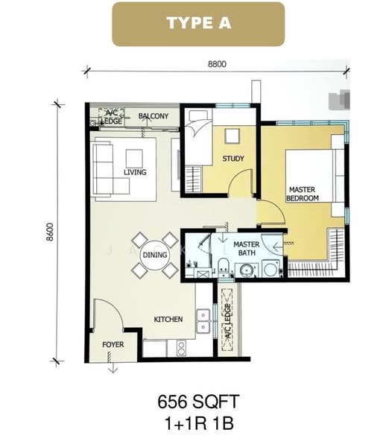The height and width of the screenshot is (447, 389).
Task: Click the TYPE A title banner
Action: pyautogui.click(x=198, y=24)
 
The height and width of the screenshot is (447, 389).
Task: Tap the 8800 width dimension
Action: pyautogui.click(x=217, y=64)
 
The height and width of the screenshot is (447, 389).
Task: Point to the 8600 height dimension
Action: pyautogui.click(x=50, y=232)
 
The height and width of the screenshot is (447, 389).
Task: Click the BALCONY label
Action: pyautogui.click(x=154, y=116)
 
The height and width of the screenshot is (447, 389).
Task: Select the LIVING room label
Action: pyautogui.click(x=135, y=172)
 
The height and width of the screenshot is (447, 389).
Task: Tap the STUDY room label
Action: pyautogui.click(x=233, y=159)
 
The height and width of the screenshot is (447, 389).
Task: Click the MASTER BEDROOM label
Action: pyautogui.click(x=303, y=194)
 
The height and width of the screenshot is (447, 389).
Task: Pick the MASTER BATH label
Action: pyautogui.click(x=247, y=249)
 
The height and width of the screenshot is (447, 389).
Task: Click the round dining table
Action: pyautogui.click(x=155, y=255)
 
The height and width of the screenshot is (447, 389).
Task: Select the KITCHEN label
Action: pyautogui.click(x=168, y=320)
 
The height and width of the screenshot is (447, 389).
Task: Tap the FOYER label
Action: pyautogui.click(x=113, y=345)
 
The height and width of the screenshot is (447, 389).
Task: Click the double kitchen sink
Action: pyautogui.click(x=203, y=321)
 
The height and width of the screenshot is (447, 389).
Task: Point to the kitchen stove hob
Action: pyautogui.click(x=180, y=348)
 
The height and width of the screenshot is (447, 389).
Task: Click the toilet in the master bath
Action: pyautogui.click(x=224, y=266)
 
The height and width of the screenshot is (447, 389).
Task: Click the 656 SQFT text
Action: pyautogui.click(x=198, y=402)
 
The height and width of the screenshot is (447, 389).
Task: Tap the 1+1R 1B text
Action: pyautogui.click(x=199, y=423)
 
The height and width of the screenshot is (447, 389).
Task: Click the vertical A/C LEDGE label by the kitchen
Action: pyautogui.click(x=227, y=321)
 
